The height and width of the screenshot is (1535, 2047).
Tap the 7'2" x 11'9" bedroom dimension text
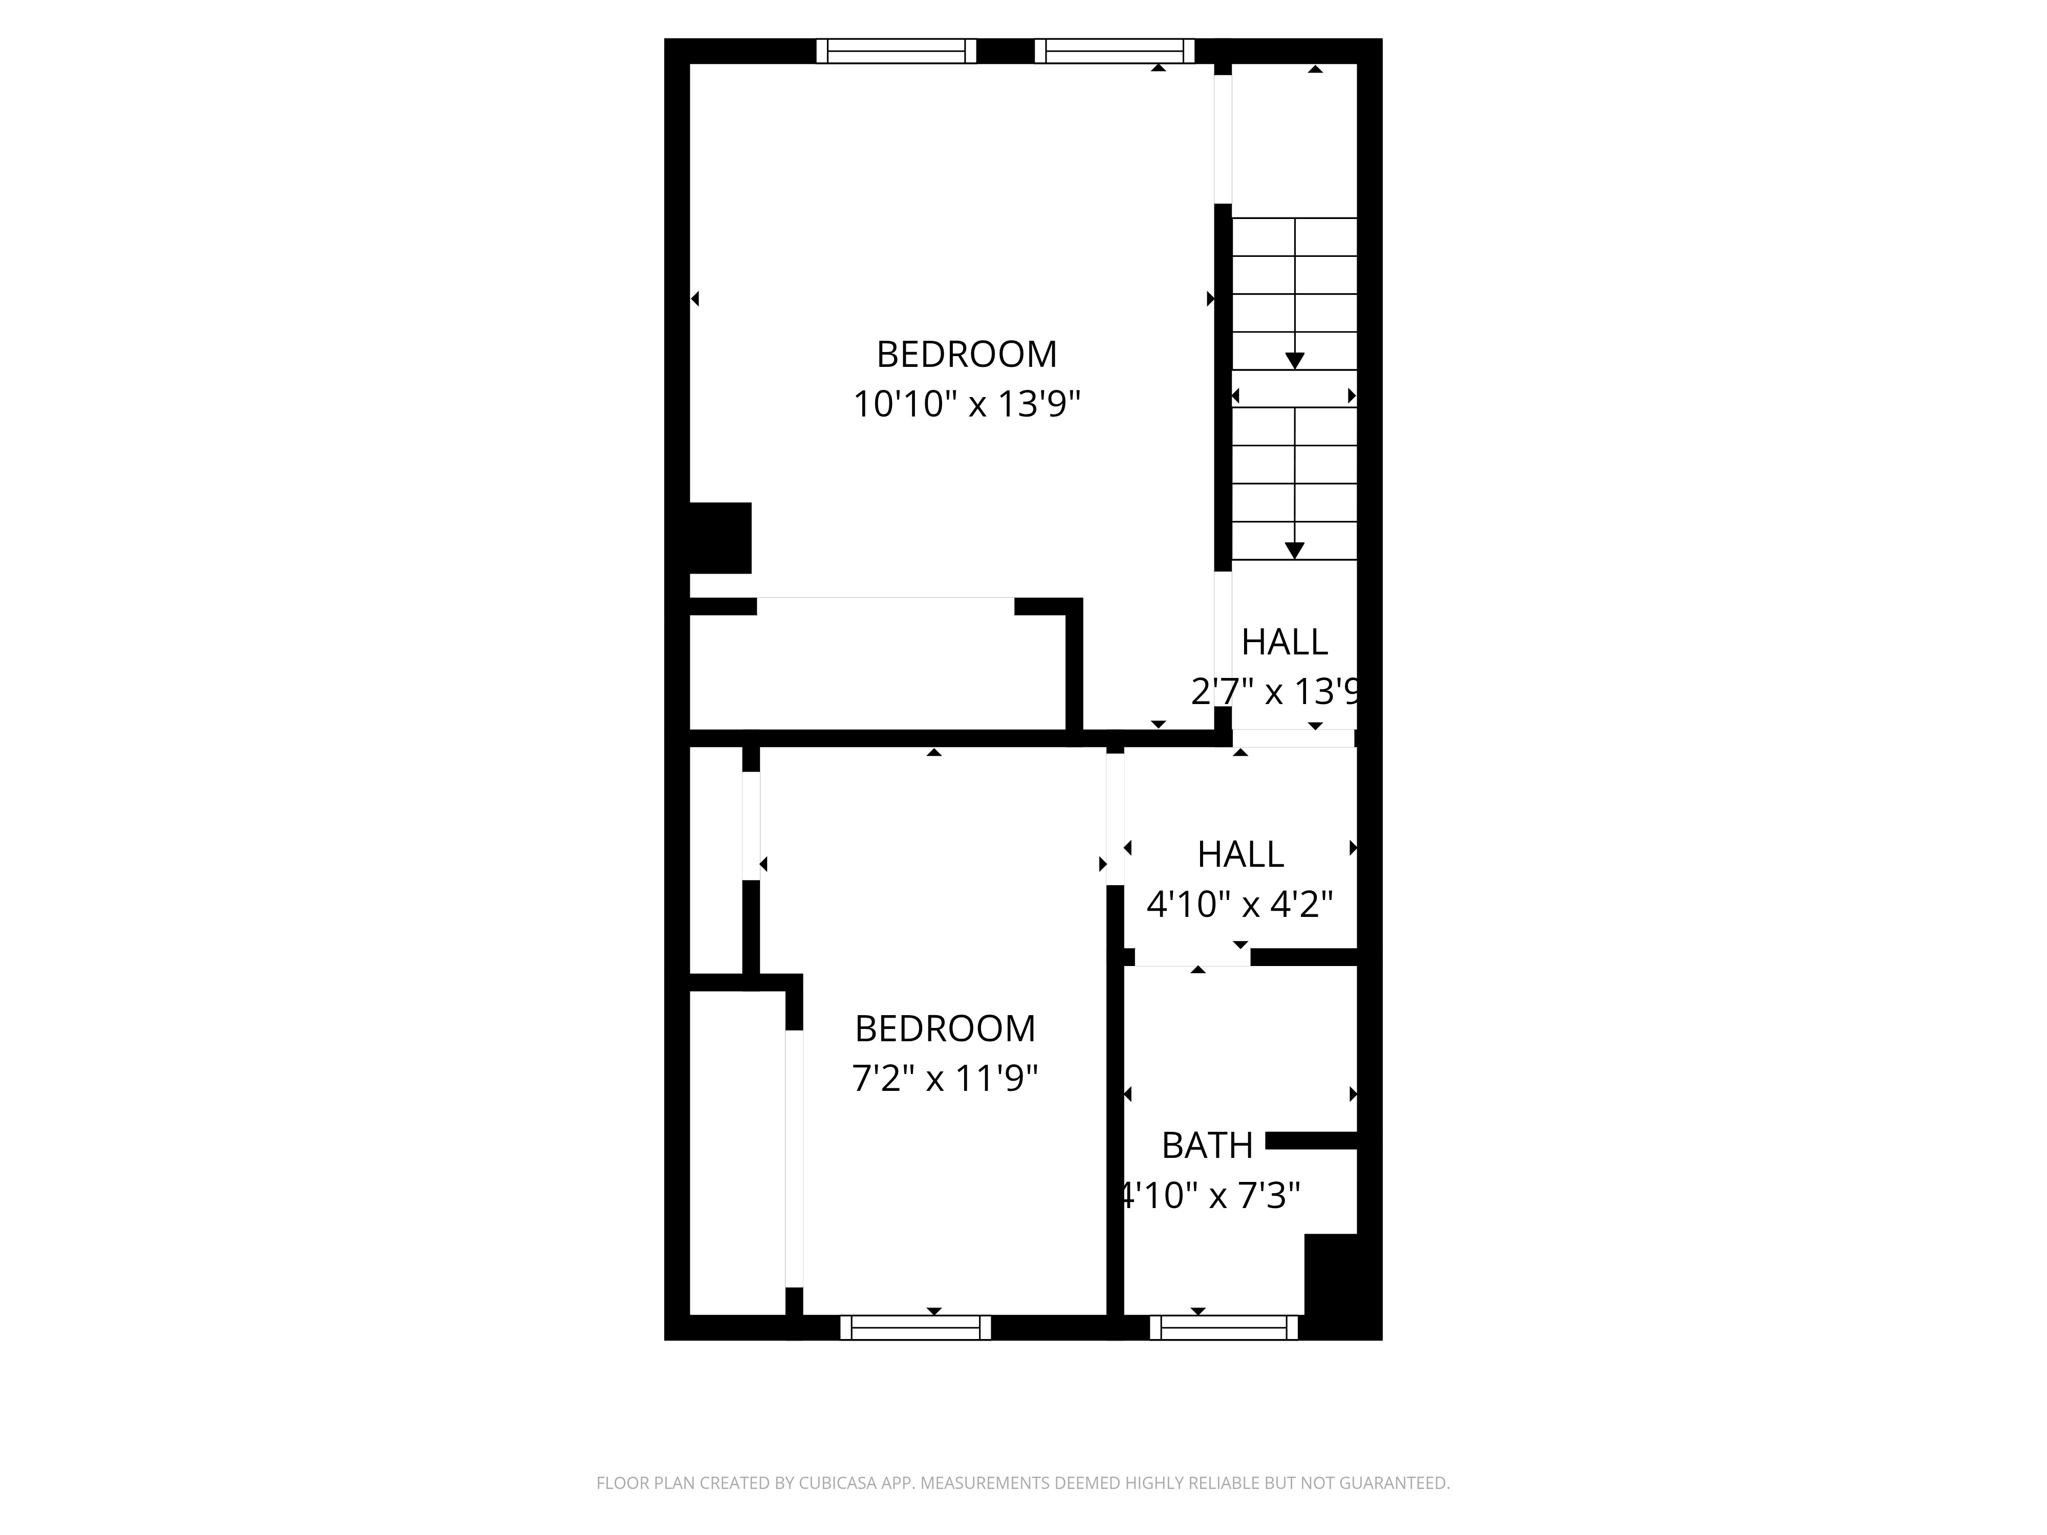[945, 1079]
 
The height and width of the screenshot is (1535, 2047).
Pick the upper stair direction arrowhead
[1295, 361]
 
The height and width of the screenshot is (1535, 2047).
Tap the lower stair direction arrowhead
[1295, 551]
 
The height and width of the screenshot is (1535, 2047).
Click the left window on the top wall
[896, 51]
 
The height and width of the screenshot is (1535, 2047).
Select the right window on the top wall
[1114, 51]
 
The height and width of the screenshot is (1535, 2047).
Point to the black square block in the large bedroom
[720, 538]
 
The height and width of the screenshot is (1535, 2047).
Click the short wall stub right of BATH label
[1311, 1141]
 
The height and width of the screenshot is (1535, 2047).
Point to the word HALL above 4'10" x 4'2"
[1240, 854]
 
